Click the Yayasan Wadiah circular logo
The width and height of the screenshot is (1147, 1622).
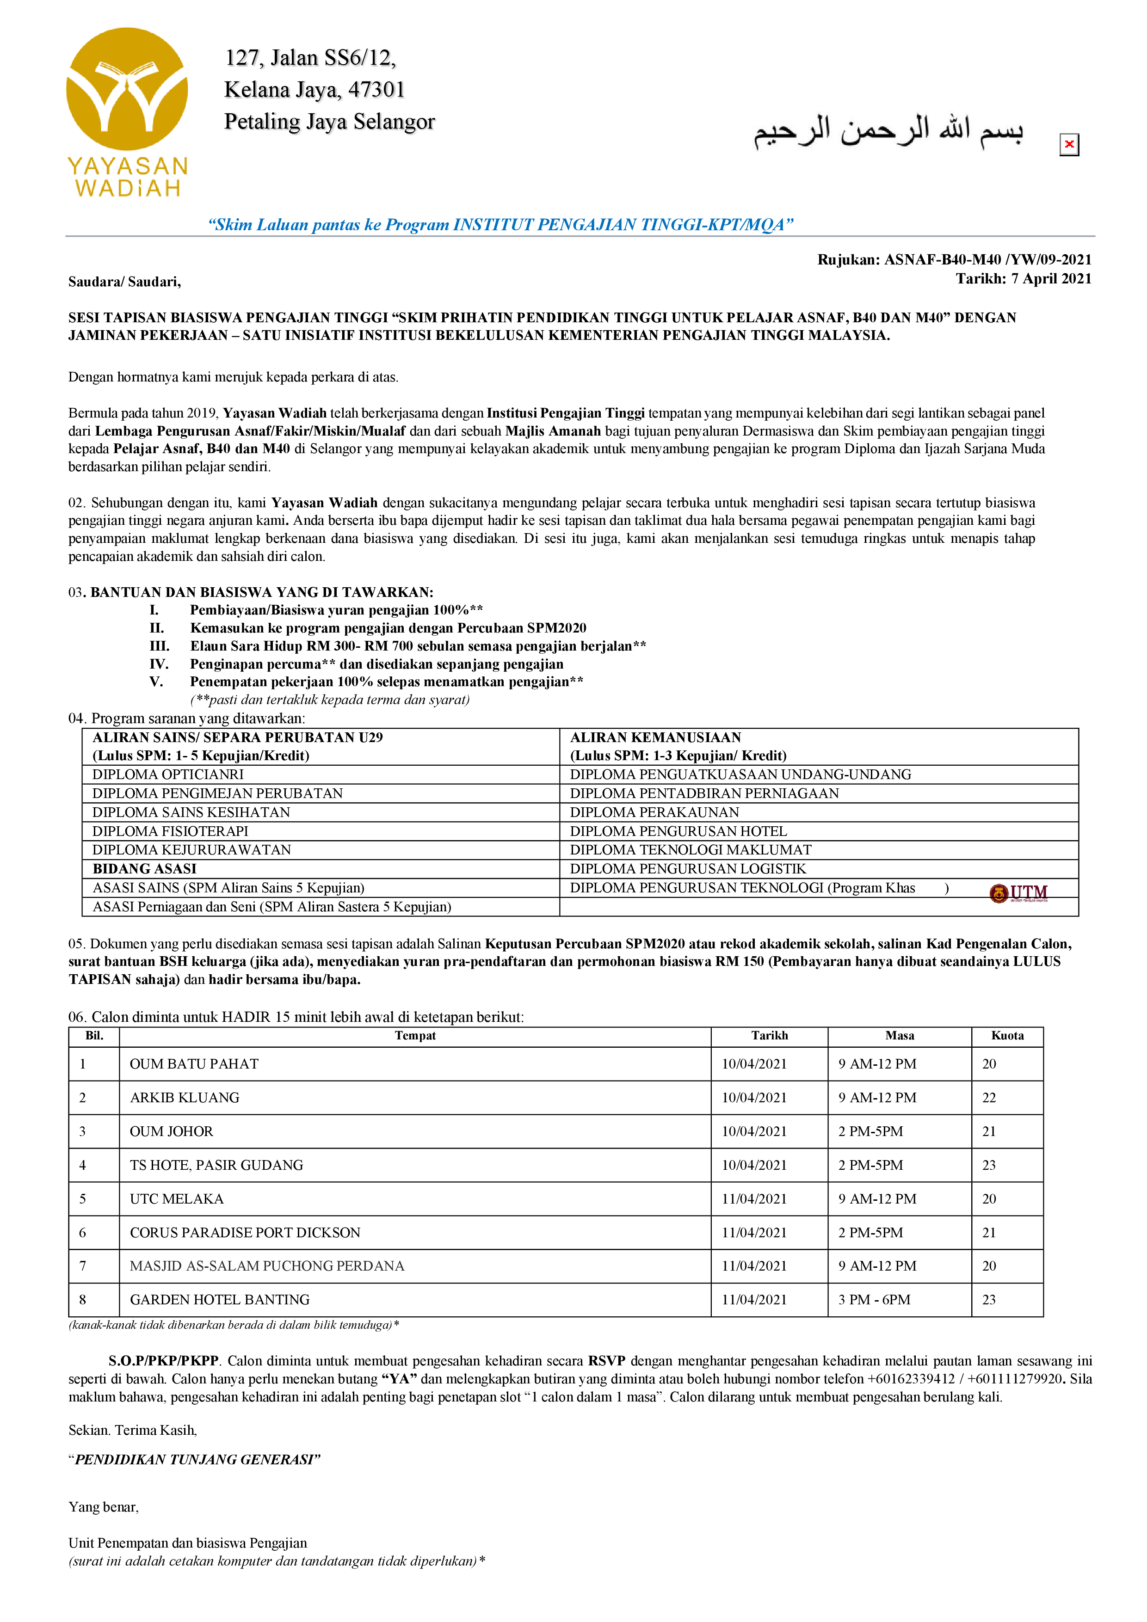click(x=127, y=88)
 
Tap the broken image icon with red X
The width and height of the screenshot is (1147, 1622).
click(x=1068, y=145)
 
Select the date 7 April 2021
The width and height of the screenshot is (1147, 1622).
click(x=1051, y=278)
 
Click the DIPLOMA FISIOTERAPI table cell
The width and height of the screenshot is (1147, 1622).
click(x=170, y=831)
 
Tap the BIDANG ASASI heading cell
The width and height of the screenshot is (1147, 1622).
click(x=144, y=868)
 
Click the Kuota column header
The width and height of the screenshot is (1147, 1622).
click(x=1006, y=1035)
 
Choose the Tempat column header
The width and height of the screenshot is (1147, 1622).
click(x=415, y=1035)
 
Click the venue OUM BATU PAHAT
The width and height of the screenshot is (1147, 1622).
click(x=194, y=1063)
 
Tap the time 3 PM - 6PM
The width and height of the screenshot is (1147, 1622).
click(x=874, y=1299)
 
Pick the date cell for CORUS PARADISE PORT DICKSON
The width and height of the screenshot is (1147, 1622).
click(x=753, y=1232)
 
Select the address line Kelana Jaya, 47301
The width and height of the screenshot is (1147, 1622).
click(x=314, y=90)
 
